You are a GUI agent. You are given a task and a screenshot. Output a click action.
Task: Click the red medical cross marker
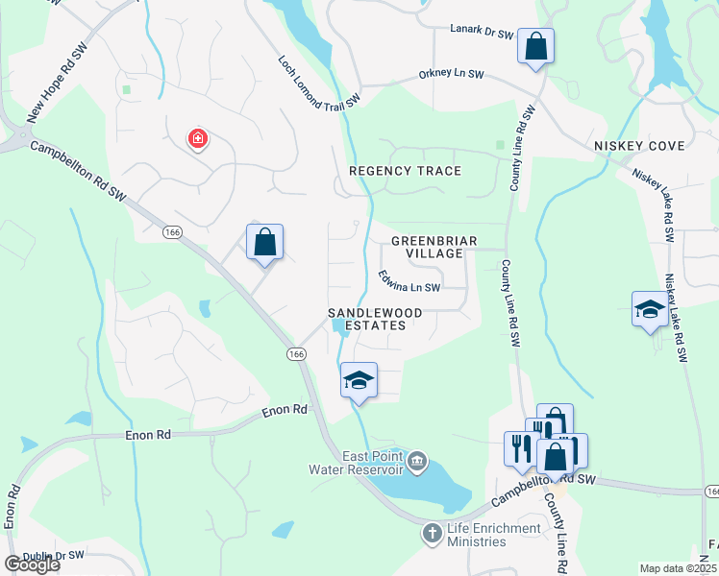(x=198, y=140)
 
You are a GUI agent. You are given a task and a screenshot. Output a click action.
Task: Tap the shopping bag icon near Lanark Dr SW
(x=535, y=45)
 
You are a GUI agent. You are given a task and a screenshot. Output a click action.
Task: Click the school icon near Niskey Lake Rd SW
(x=650, y=309)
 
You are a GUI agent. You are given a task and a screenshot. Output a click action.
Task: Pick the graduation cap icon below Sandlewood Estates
(x=359, y=380)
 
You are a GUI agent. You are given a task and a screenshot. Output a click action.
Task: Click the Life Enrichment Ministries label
(x=477, y=535)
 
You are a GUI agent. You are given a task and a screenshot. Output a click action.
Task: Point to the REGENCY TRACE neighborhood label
(x=405, y=171)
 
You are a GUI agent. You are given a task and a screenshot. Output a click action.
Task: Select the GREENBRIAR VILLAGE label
(x=428, y=247)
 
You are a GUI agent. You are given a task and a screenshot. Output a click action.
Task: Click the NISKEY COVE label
(x=640, y=146)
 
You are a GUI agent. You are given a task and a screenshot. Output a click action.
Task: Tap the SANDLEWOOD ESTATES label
(x=367, y=320)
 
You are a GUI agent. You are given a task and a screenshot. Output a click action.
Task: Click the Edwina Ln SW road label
(x=409, y=280)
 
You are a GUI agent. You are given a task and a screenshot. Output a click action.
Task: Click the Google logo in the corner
(x=32, y=564)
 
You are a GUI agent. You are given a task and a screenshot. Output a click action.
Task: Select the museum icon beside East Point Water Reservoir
(x=418, y=463)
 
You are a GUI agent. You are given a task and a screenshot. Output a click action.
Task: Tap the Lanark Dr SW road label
(x=483, y=32)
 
